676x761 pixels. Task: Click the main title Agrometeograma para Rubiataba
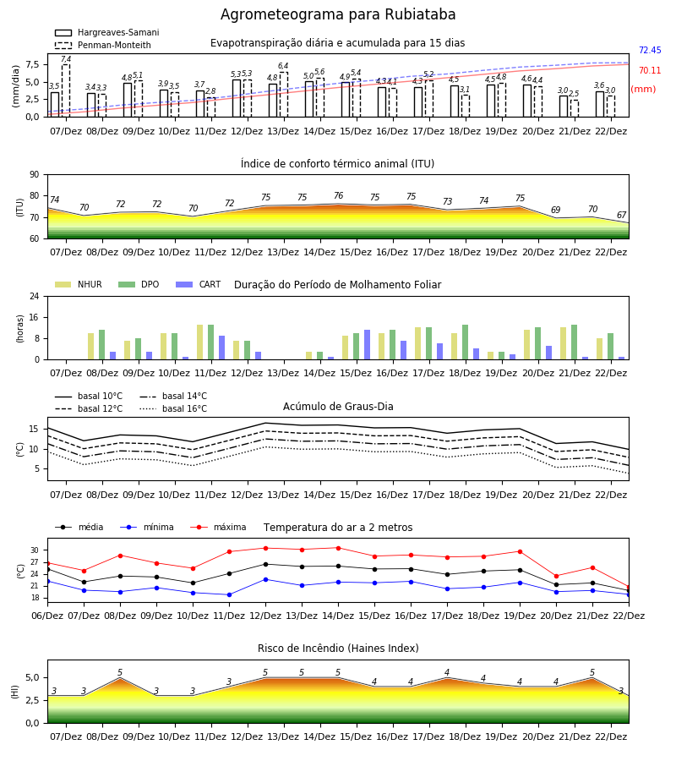tap(338, 14)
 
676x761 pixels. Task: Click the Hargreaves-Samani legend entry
tap(107, 32)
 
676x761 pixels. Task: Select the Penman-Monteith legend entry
tap(103, 45)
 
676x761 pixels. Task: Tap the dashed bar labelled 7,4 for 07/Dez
tap(66, 90)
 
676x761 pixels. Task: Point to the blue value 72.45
tap(650, 50)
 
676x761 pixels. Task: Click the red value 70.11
tap(650, 70)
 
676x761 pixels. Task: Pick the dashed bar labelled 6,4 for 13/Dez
tap(284, 94)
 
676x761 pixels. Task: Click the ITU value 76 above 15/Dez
tap(339, 195)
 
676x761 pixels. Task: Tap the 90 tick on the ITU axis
tap(35, 175)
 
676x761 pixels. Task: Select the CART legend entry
tap(199, 284)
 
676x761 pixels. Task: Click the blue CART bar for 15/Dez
tap(367, 345)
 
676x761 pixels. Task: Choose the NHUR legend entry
tap(79, 284)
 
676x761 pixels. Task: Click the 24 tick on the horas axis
tap(35, 296)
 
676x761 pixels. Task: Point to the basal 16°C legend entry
tap(173, 408)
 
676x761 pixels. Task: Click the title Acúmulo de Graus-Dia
tap(338, 407)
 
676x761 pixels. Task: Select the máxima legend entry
tap(218, 527)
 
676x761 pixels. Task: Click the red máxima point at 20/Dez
tap(556, 576)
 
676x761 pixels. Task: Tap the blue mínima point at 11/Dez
tap(229, 594)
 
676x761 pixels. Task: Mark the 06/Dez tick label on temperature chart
tap(47, 616)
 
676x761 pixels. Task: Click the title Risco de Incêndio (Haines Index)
tap(338, 649)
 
